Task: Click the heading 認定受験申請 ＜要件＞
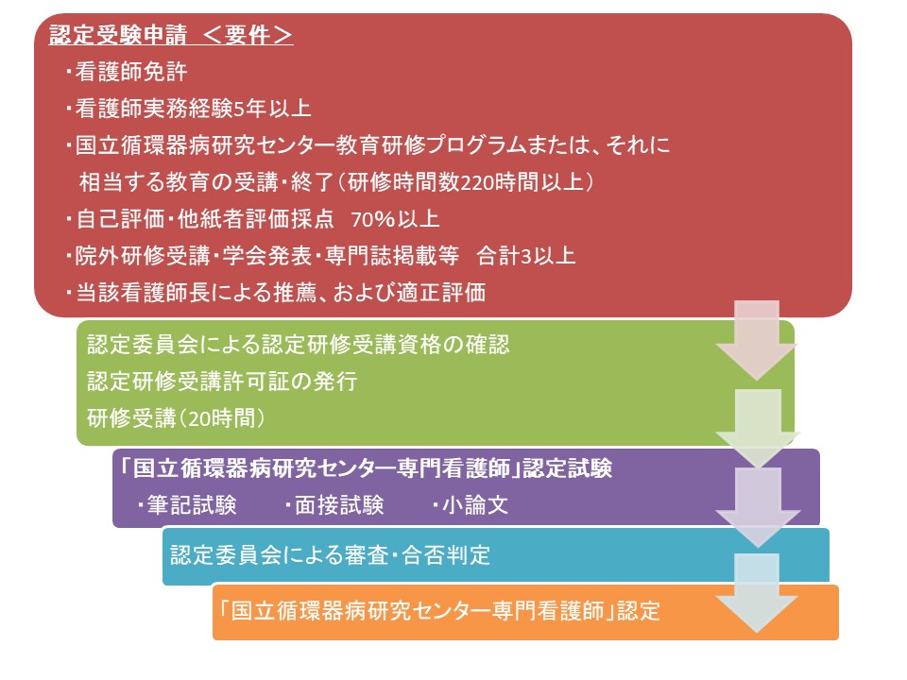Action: [x=171, y=35]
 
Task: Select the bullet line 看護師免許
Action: [x=128, y=72]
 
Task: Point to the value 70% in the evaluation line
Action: [x=372, y=219]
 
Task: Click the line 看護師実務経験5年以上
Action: [x=189, y=109]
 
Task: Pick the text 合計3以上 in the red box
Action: [x=526, y=256]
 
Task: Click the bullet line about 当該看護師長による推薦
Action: [x=275, y=293]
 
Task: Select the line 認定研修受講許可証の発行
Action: [x=222, y=382]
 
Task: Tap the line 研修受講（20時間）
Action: [x=176, y=418]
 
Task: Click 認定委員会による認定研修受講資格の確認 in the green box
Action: [x=299, y=345]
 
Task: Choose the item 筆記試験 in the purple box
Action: [x=186, y=504]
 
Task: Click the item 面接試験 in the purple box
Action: [x=334, y=504]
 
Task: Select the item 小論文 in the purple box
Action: [x=471, y=504]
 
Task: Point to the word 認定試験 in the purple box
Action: [x=568, y=467]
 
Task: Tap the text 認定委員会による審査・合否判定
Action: [x=331, y=555]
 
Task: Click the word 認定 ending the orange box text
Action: [x=639, y=611]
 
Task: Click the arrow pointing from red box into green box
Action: [x=757, y=340]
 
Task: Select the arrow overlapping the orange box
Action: [x=757, y=593]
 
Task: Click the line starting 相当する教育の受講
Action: [x=336, y=182]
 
